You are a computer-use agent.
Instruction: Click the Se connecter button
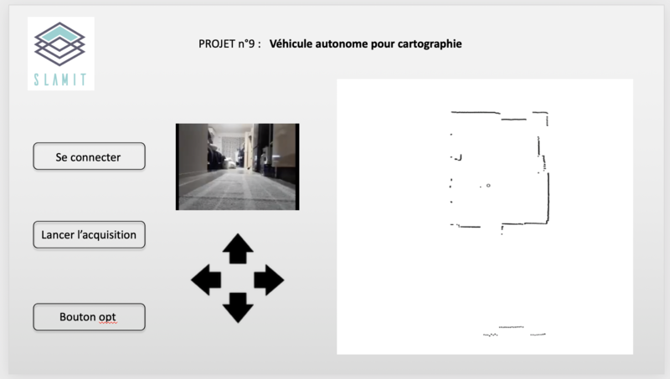89,156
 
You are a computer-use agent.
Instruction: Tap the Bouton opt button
89,317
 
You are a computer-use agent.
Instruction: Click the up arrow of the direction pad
238,248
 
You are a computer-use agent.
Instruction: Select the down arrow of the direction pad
238,308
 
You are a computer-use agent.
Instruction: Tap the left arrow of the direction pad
206,280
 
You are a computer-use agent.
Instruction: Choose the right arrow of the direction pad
269,280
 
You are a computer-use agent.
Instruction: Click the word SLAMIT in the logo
60,79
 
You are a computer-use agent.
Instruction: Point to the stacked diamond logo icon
59,44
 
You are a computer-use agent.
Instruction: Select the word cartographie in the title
430,44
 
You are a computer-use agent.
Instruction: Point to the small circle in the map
488,186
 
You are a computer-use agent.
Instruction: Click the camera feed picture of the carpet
238,166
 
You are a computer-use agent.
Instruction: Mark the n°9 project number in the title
246,44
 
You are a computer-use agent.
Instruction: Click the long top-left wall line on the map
476,113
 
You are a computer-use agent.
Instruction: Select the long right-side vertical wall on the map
549,197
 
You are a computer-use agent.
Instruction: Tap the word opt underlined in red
107,318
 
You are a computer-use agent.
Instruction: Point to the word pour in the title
383,45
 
